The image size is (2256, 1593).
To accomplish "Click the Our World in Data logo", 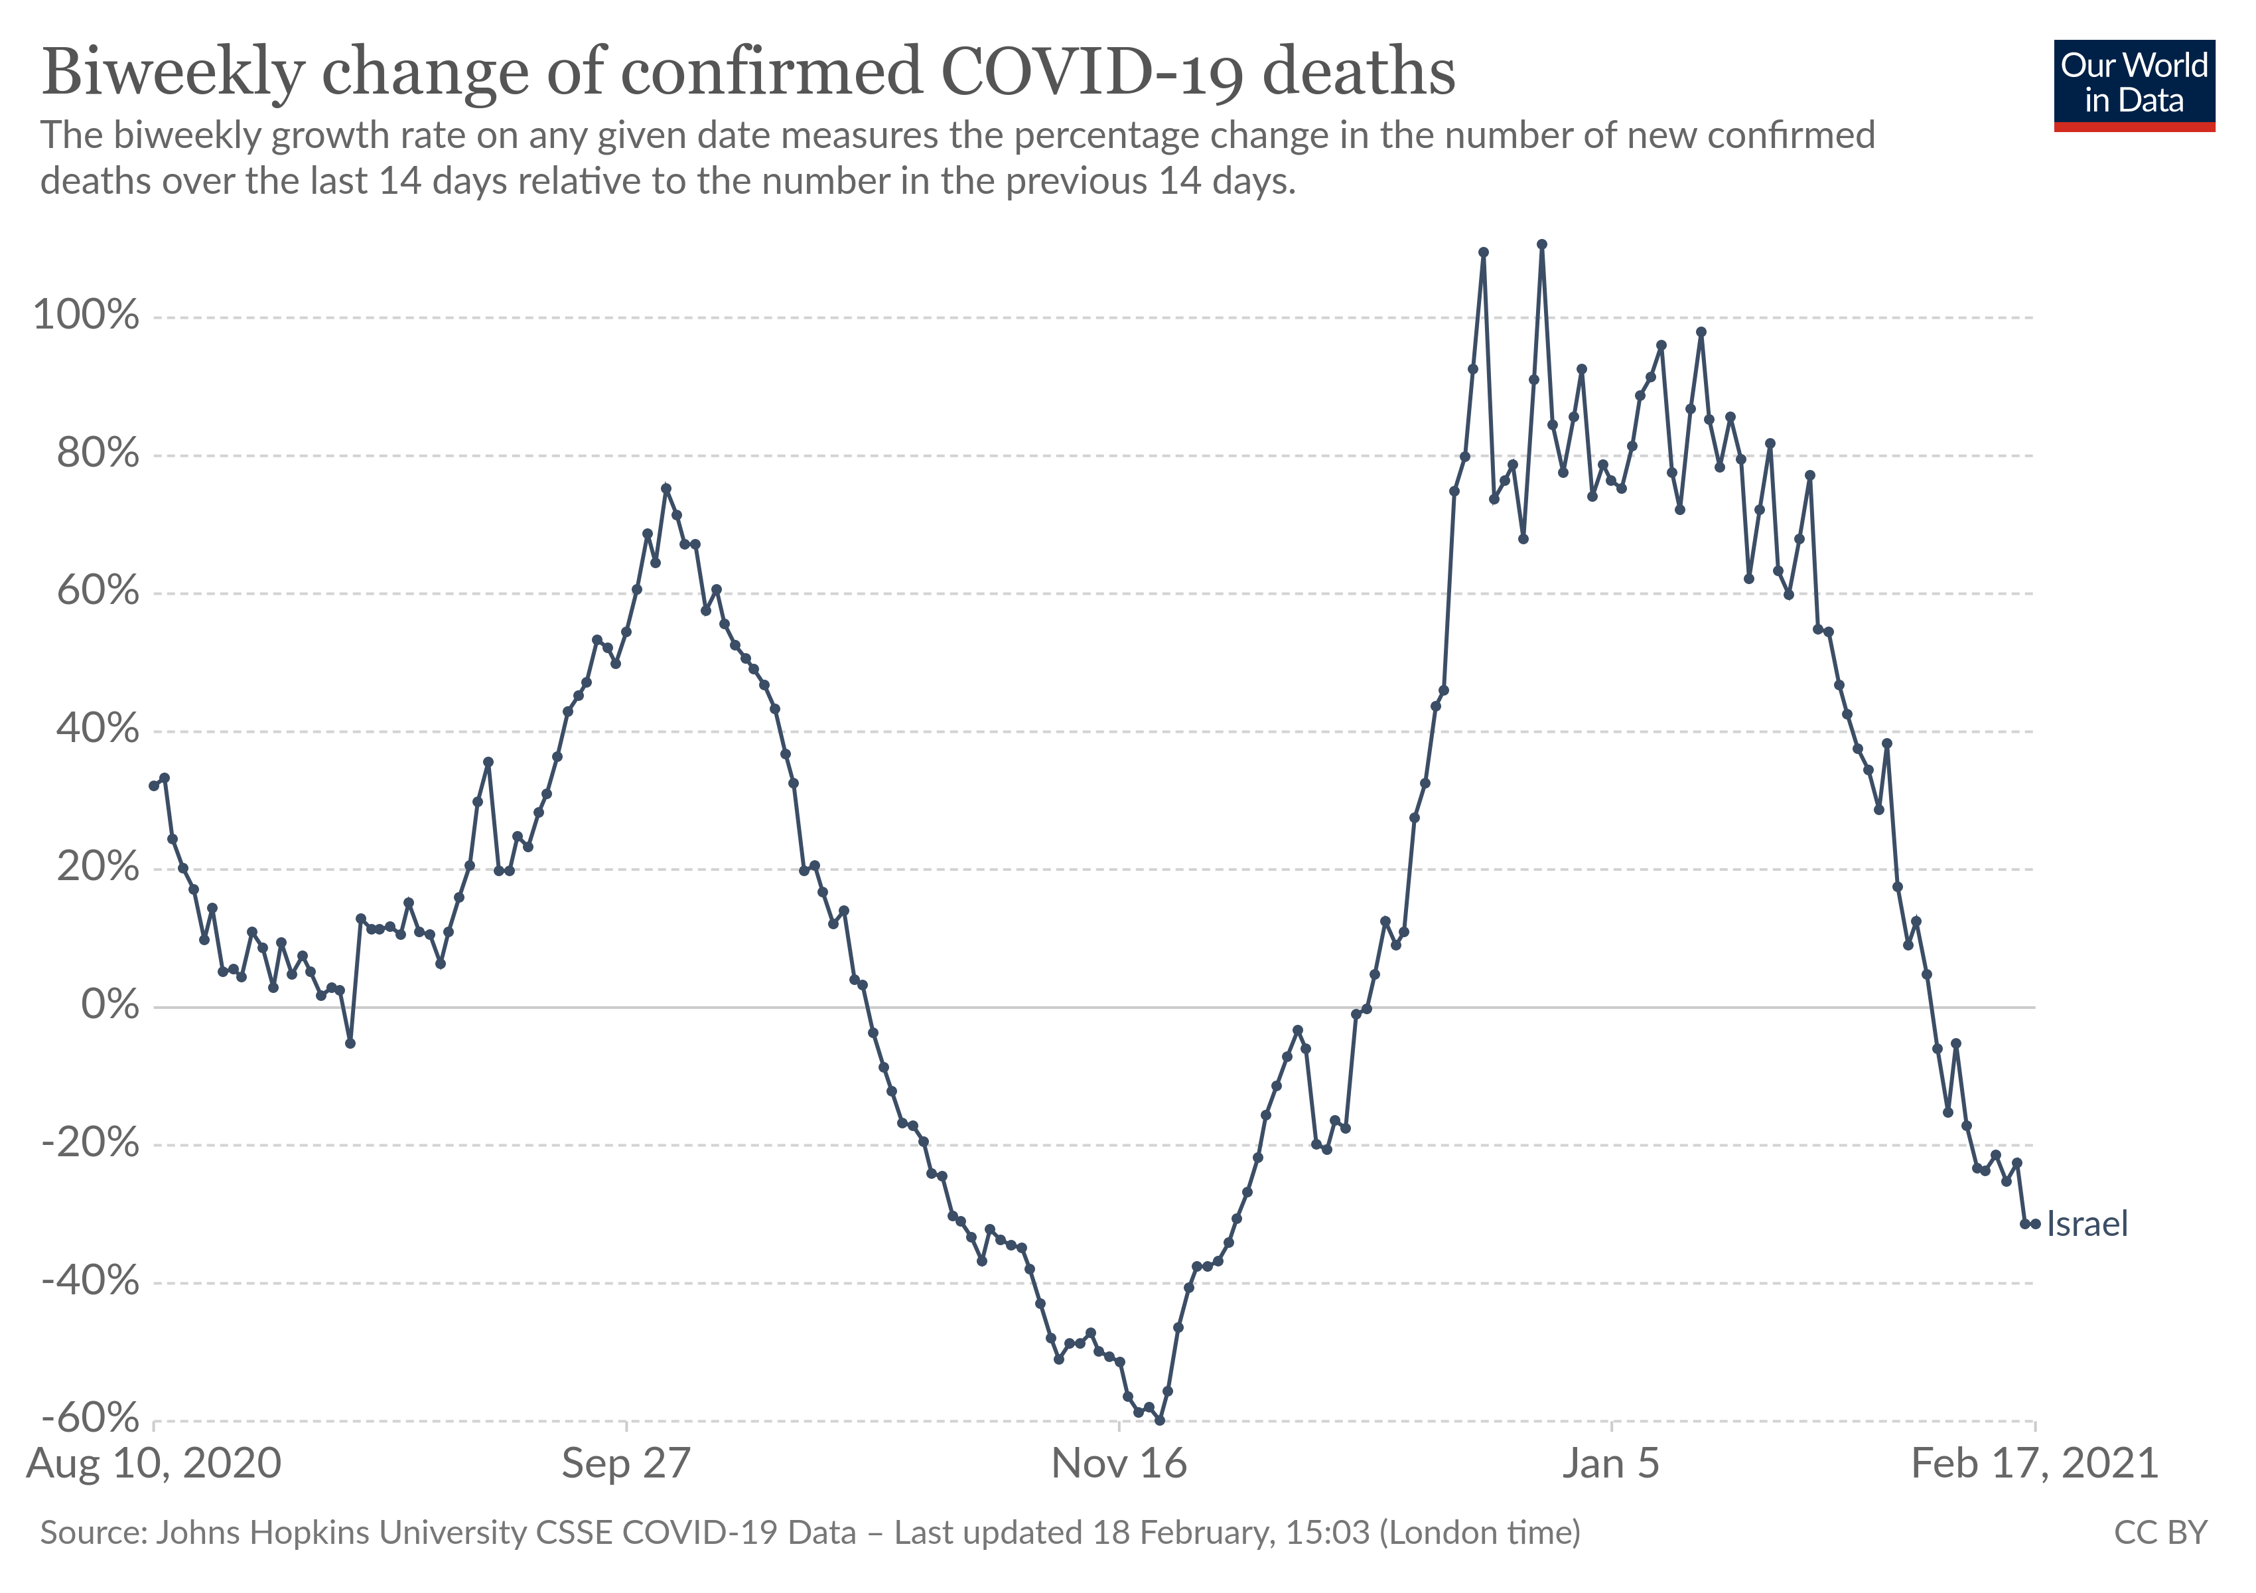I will point(2133,84).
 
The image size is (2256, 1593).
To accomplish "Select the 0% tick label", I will point(110,1006).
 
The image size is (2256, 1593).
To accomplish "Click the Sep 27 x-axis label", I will point(626,1464).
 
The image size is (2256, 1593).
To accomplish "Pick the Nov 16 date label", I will point(1119,1464).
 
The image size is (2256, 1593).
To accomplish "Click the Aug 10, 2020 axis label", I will point(154,1464).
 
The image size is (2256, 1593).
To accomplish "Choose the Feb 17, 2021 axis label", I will point(2034,1464).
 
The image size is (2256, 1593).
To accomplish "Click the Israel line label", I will point(2087,1225).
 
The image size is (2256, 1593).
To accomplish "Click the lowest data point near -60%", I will point(1159,1420).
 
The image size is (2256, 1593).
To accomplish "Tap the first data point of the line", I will point(153,786).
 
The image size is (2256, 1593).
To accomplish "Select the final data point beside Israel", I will point(2035,1223).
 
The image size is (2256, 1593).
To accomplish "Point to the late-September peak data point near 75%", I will point(666,489).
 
